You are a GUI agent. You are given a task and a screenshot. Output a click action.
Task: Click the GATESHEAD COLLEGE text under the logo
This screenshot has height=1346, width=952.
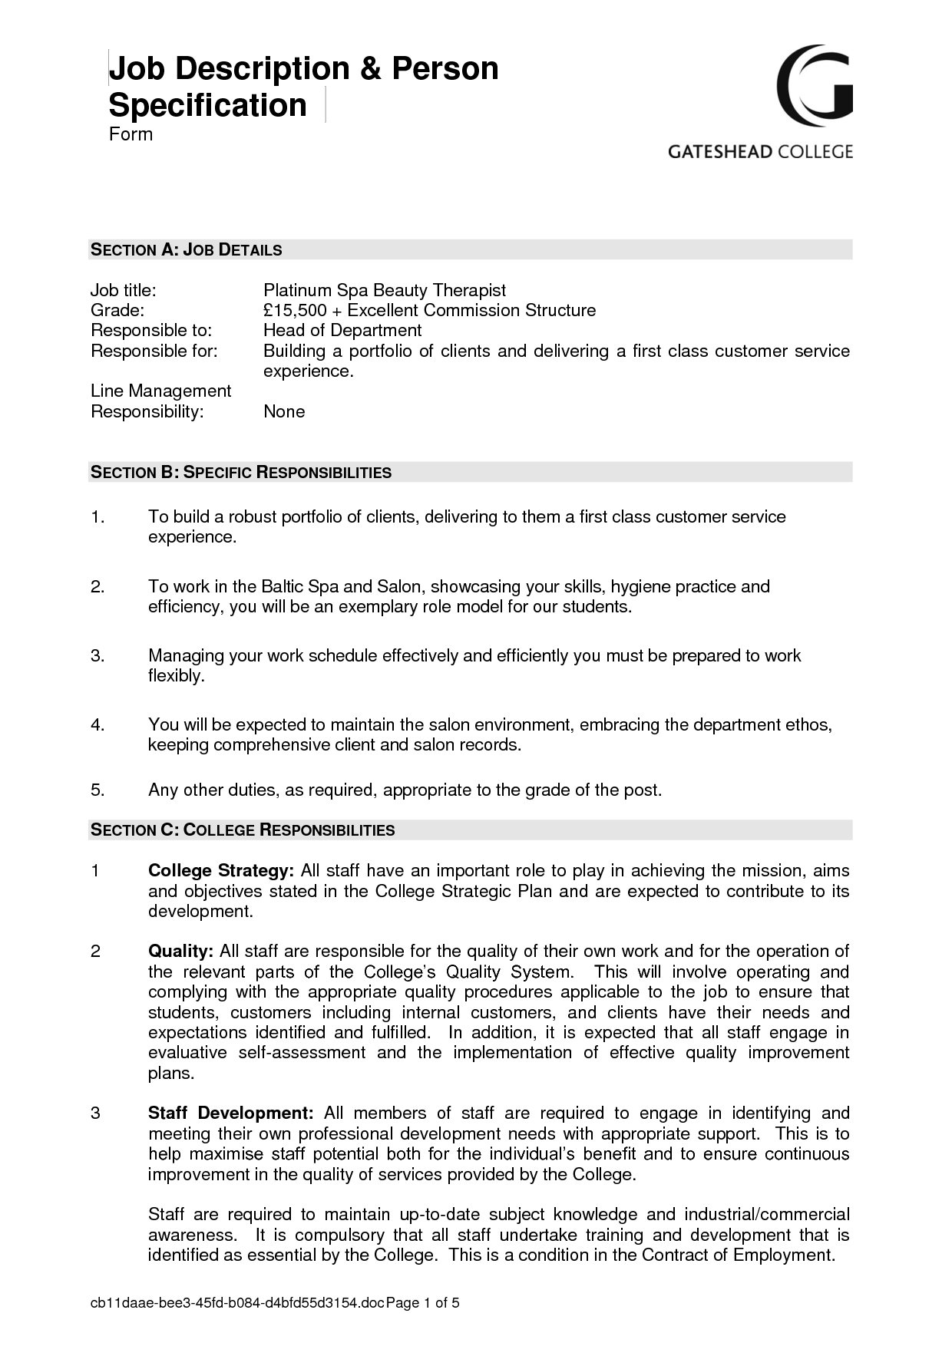(759, 151)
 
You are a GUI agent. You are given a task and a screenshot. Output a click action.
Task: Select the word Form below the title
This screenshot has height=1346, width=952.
(131, 134)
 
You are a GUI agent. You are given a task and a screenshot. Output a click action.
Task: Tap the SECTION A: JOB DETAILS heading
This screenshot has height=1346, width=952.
(187, 249)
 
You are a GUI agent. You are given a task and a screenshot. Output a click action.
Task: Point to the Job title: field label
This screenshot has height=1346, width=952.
(124, 290)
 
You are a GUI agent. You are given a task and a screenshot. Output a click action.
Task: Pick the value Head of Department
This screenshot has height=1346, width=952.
(342, 330)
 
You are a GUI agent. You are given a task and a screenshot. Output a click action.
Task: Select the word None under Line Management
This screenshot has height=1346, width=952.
(284, 411)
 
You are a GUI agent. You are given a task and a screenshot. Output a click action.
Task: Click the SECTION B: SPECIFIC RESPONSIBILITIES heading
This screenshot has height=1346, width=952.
(241, 472)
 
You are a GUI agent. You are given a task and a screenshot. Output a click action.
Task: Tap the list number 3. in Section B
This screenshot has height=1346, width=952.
(98, 655)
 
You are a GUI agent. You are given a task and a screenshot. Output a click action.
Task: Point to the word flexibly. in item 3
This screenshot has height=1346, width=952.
(177, 676)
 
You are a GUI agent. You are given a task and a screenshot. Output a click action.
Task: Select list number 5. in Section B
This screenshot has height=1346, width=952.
(98, 790)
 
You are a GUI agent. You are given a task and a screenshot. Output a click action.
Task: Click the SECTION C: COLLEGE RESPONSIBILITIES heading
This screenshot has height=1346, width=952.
(243, 830)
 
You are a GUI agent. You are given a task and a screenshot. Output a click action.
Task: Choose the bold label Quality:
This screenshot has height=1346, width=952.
(180, 952)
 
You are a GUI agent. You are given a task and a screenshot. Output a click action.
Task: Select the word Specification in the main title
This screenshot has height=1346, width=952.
(207, 105)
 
